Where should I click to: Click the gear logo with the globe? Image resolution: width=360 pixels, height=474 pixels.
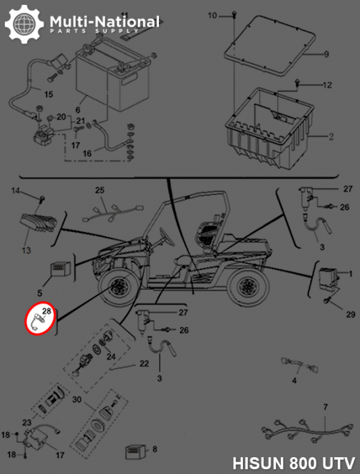(24, 24)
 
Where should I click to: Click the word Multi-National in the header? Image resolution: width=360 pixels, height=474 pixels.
(104, 22)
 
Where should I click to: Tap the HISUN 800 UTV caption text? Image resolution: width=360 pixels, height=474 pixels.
(294, 462)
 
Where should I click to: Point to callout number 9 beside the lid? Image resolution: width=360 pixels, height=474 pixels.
(326, 54)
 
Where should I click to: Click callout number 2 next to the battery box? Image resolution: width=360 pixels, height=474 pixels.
(331, 137)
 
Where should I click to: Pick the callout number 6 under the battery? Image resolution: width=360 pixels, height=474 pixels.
(78, 110)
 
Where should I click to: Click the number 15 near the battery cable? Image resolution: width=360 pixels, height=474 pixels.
(49, 94)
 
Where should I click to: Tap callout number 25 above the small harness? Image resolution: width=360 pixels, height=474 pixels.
(99, 190)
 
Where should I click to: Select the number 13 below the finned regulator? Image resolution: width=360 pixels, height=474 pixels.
(26, 250)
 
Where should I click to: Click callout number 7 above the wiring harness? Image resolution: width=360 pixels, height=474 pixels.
(325, 407)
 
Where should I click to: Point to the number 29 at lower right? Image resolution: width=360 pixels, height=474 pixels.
(351, 315)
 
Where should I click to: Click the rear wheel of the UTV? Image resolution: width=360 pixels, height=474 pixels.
(248, 286)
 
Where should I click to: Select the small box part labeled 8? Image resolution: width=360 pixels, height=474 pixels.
(136, 452)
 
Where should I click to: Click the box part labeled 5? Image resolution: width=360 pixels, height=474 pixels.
(60, 270)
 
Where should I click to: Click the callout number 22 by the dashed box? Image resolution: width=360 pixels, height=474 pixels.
(144, 364)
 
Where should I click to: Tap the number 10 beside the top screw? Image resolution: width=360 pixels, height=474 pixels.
(212, 15)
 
